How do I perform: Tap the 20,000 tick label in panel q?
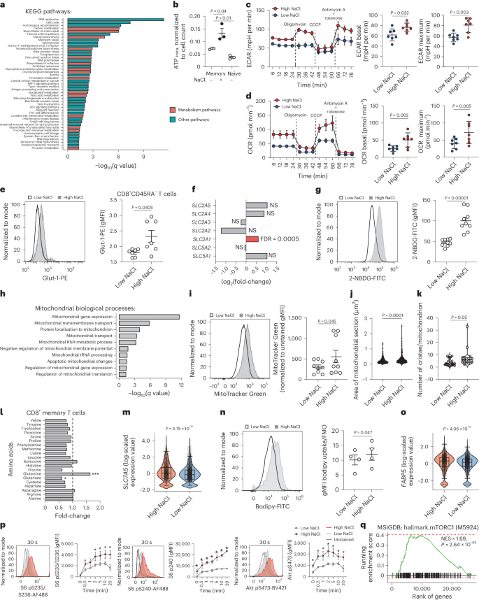(x=451, y=586)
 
